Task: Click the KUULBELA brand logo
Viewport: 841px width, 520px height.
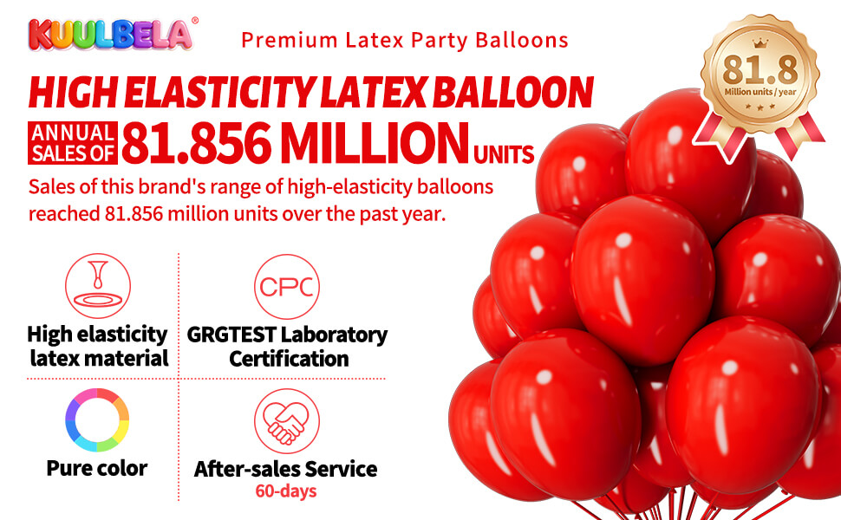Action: click(x=108, y=34)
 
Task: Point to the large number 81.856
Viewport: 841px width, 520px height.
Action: click(x=193, y=143)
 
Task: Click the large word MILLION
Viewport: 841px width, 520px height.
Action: click(x=368, y=143)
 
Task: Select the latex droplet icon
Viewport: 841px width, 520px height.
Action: click(x=97, y=286)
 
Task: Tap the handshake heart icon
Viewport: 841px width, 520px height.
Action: click(x=285, y=422)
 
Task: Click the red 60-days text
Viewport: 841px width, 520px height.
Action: click(x=285, y=491)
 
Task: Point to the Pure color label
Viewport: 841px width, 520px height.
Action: click(x=97, y=469)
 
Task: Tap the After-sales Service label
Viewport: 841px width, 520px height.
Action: click(x=285, y=470)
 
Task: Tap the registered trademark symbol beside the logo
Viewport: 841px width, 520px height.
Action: click(x=194, y=19)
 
